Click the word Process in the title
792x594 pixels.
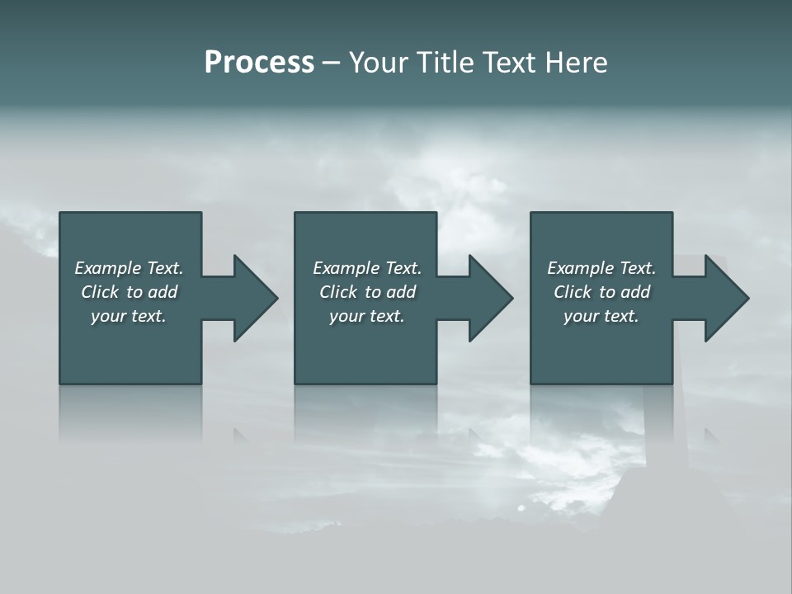pos(259,63)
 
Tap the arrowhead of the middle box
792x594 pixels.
pos(489,298)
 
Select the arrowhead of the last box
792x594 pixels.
pos(725,298)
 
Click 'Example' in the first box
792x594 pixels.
pos(108,268)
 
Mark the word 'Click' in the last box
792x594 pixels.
pos(573,292)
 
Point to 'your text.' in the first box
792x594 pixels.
pos(129,316)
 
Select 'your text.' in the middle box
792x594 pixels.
pos(367,316)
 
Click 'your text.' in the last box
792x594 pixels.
pos(601,316)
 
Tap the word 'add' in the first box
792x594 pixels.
pos(163,292)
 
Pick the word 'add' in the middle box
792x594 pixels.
pos(401,292)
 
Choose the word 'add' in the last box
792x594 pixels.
pos(635,292)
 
